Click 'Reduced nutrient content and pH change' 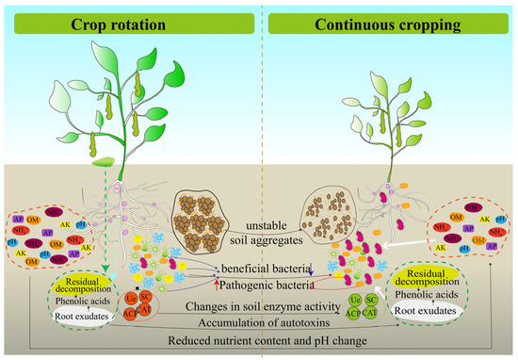(259, 337)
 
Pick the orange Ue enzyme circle (133, 298)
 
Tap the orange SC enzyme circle (147, 296)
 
